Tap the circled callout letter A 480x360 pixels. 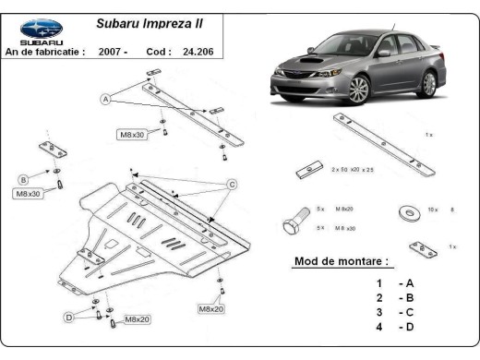coord(106,99)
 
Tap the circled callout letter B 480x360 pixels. coord(24,178)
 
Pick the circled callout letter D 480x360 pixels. coord(67,317)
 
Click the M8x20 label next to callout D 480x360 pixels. coord(138,319)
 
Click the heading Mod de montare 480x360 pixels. coord(341,261)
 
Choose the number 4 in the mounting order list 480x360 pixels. coord(378,327)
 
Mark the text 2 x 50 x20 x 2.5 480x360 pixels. coord(352,171)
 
